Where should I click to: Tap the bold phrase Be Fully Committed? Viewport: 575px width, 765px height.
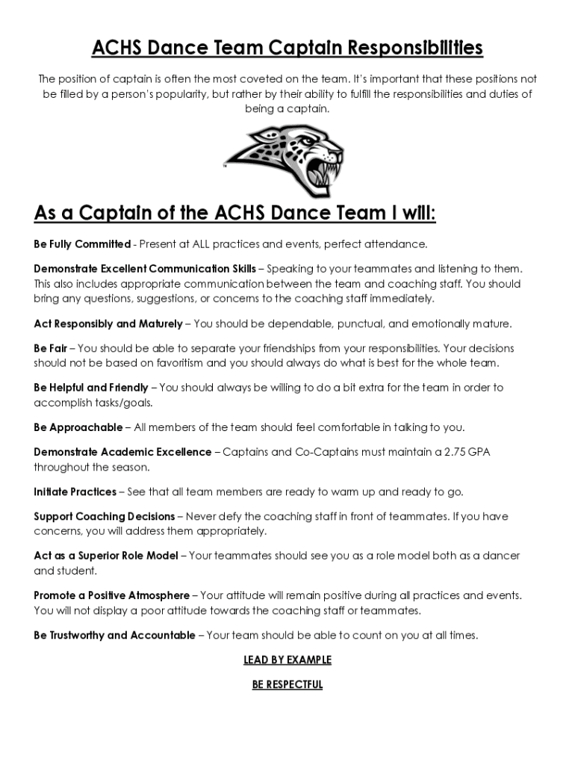click(x=82, y=244)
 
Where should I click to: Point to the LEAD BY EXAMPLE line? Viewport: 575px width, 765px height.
click(x=287, y=660)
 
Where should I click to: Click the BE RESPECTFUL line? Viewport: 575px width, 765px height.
click(x=287, y=685)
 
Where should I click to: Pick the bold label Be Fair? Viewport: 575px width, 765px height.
click(x=50, y=348)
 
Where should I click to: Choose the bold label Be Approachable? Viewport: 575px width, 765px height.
click(x=78, y=427)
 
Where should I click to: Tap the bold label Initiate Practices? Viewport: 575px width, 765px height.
click(x=75, y=492)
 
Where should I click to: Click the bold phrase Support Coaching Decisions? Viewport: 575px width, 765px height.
click(x=104, y=516)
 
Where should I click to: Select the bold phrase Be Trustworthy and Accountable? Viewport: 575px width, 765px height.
click(x=114, y=635)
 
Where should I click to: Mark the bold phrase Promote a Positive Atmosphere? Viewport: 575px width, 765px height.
click(x=111, y=595)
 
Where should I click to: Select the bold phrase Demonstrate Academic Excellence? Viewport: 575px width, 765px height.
click(x=122, y=452)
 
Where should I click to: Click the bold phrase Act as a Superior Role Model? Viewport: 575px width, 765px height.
click(x=106, y=556)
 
